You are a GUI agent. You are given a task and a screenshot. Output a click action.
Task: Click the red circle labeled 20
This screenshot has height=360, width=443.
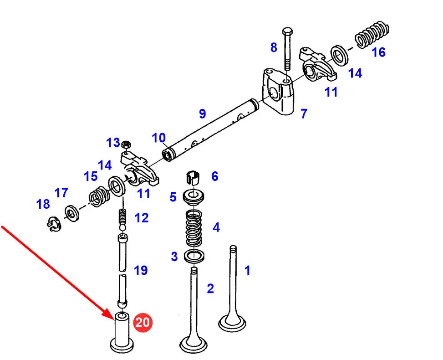click(143, 323)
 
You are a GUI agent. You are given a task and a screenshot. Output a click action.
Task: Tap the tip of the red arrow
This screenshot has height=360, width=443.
click(113, 319)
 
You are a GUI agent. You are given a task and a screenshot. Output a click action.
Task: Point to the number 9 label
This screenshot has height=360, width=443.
click(202, 113)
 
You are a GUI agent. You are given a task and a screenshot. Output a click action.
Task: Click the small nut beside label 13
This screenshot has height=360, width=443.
click(126, 144)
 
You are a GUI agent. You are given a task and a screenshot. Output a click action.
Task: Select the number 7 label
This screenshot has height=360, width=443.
click(304, 113)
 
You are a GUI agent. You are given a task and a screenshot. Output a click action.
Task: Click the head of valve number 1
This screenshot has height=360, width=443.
click(232, 324)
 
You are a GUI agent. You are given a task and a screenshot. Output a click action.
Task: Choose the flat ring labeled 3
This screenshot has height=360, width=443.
click(194, 256)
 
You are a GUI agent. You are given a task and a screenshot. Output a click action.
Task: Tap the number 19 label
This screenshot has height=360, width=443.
click(141, 270)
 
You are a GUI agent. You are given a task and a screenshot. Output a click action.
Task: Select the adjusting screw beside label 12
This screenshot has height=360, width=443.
click(122, 219)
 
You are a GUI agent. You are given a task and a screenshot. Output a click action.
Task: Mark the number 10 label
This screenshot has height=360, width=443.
click(158, 137)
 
